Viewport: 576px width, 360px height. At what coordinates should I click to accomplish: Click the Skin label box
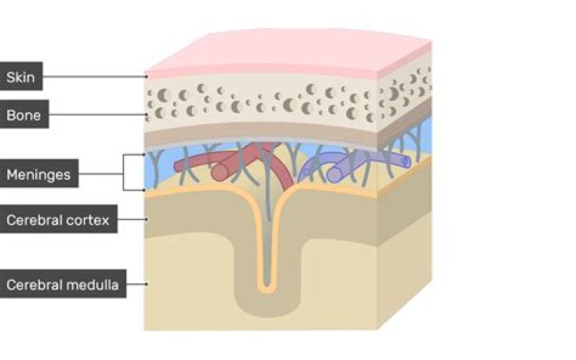pos(21,77)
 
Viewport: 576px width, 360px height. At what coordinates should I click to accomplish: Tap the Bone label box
pos(24,114)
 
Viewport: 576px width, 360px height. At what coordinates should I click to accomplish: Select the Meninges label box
pos(38,174)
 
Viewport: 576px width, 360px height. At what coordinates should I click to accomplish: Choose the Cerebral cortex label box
pos(58,219)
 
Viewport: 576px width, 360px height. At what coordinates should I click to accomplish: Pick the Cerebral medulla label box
pos(63,283)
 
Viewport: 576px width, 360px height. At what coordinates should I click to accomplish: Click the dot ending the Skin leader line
pos(146,77)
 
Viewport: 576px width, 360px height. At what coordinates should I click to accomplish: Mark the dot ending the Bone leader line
pos(146,114)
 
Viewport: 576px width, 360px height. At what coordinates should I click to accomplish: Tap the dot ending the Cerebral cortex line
pos(146,219)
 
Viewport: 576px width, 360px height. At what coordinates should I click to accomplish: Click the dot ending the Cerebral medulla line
pos(146,284)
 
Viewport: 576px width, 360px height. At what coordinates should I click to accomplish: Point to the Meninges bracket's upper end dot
pos(144,154)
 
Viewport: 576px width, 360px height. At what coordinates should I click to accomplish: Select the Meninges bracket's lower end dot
pos(144,190)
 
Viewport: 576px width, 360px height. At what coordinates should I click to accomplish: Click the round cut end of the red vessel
pos(220,172)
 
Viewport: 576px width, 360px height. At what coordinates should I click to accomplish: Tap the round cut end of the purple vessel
pos(334,174)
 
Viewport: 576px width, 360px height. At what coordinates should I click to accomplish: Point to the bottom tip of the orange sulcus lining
pos(267,293)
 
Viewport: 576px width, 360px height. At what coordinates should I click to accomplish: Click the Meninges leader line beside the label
pos(101,174)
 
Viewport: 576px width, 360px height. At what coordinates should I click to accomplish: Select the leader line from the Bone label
pos(97,114)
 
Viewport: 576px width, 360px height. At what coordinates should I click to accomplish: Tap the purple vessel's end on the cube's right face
pos(406,162)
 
